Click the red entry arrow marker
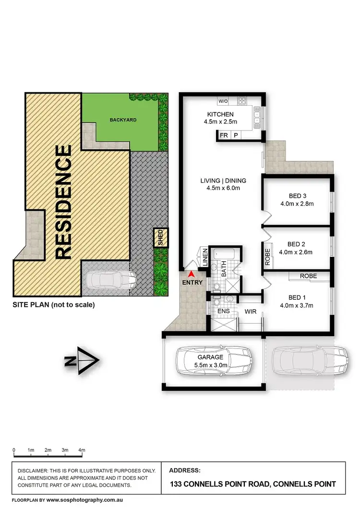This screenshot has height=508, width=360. click(x=191, y=274)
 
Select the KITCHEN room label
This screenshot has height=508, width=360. click(x=220, y=114)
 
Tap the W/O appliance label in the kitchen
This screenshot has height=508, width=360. click(x=223, y=101)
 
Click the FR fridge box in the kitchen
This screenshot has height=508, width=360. click(x=224, y=135)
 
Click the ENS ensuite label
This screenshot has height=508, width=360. click(x=224, y=312)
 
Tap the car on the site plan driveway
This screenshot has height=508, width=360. click(x=110, y=280)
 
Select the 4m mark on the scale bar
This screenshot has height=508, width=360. click(x=82, y=449)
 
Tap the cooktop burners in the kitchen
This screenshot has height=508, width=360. click(x=242, y=101)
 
